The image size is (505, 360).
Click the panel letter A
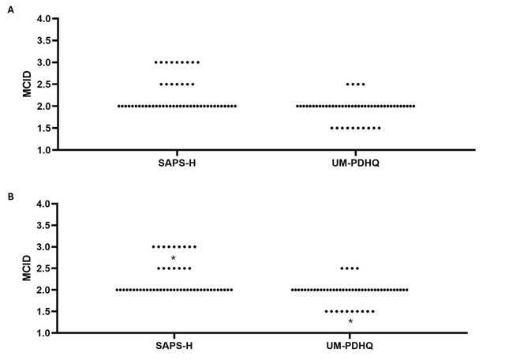[10, 10]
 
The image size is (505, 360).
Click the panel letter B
[10, 197]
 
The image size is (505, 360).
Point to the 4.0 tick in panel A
[44, 19]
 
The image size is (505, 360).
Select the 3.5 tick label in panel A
[44, 40]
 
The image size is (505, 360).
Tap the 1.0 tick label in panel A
[44, 150]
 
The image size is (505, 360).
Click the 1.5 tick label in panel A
[44, 128]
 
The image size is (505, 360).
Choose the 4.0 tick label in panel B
[44, 204]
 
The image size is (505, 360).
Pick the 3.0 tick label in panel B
[44, 247]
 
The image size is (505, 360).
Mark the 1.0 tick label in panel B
[44, 333]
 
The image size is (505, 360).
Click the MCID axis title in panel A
[27, 84]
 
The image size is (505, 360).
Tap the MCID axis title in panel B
[27, 268]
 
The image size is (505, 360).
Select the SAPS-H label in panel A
[177, 163]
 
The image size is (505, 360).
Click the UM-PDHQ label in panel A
[356, 163]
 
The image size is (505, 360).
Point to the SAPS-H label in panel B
[174, 346]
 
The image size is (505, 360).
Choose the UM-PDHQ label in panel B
[350, 346]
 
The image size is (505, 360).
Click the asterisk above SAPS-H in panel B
[174, 258]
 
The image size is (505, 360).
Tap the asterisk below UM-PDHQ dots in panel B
[350, 321]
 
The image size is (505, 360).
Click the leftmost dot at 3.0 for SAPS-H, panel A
[156, 62]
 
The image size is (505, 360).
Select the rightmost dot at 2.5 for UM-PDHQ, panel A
[364, 84]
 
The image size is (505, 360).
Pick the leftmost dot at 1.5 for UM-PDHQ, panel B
[326, 311]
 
